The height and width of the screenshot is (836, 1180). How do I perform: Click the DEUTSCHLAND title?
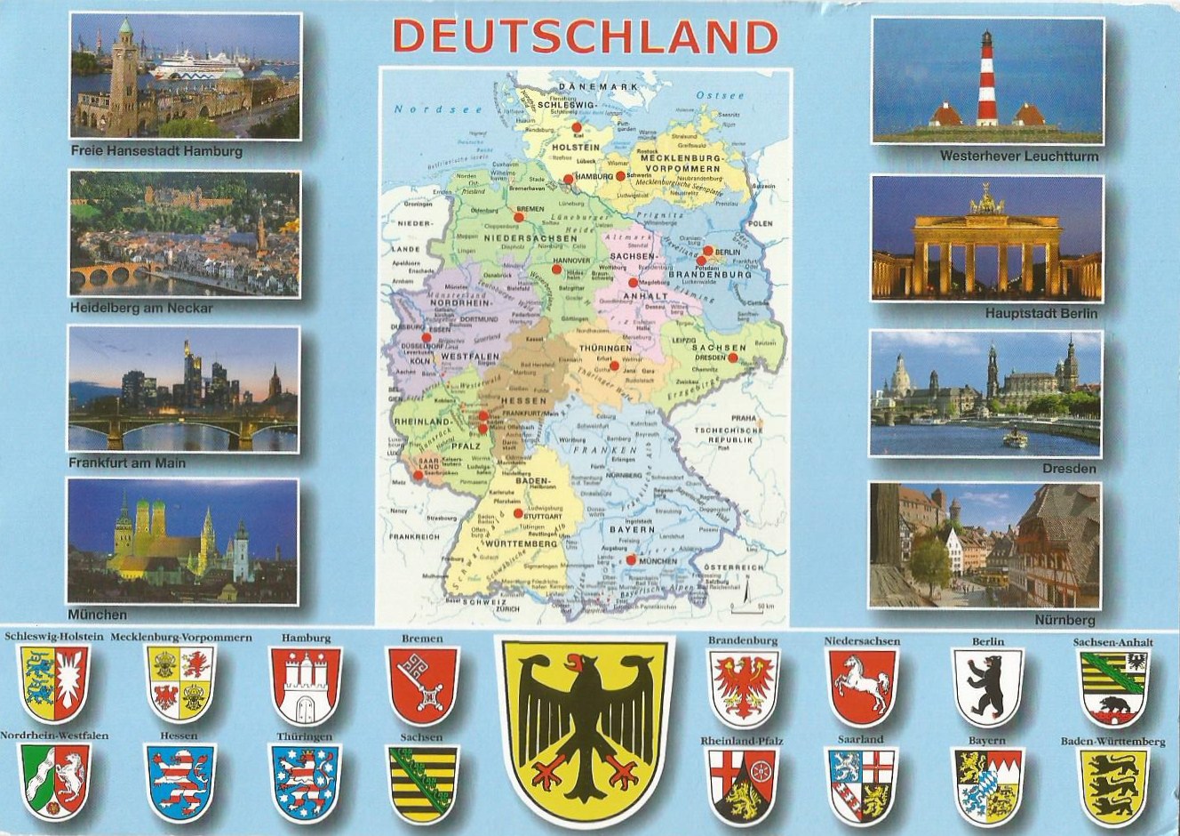[x=584, y=36]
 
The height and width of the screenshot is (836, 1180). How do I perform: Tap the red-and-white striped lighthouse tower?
[x=986, y=79]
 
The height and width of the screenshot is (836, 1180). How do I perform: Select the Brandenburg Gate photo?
[x=986, y=238]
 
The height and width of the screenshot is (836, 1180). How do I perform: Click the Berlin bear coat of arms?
[x=986, y=684]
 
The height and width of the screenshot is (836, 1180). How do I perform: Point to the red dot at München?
[x=630, y=560]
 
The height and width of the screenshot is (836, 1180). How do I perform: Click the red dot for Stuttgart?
[x=517, y=513]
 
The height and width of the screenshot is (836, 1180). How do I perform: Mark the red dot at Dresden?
[x=733, y=358]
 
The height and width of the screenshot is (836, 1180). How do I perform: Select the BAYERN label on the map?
[x=632, y=529]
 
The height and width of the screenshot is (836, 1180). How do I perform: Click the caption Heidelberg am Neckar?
[x=140, y=309]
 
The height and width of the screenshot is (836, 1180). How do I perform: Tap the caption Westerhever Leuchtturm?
[x=1018, y=157]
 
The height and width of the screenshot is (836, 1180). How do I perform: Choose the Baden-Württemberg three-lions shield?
[x=1112, y=783]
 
